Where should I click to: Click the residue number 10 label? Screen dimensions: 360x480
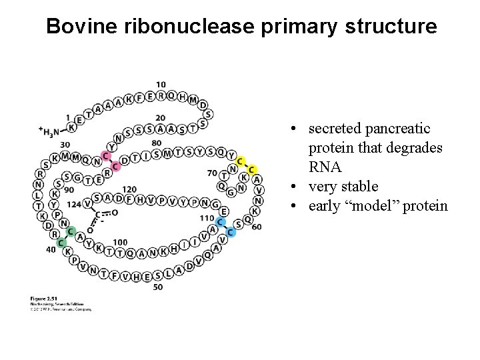tap(161, 84)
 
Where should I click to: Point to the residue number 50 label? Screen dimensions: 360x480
tap(158, 287)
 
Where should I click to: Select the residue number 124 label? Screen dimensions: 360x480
tap(75, 203)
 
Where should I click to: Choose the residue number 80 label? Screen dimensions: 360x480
tap(156, 143)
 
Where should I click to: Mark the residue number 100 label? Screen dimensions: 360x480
tap(120, 242)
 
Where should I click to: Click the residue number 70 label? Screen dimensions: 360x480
tap(212, 173)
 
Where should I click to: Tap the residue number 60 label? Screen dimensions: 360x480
tap(257, 227)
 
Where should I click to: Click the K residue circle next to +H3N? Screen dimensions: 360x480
tap(72, 126)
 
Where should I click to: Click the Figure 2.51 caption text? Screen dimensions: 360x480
tap(45, 297)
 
